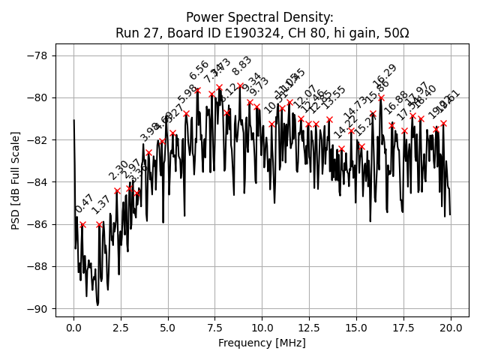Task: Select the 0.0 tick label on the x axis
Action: click(x=73, y=328)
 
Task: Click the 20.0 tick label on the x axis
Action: click(x=451, y=328)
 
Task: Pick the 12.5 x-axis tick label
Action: click(x=309, y=328)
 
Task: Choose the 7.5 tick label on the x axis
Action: click(x=215, y=328)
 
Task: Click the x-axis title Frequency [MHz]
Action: click(x=262, y=343)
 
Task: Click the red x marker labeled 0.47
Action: click(x=82, y=224)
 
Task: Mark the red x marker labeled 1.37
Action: click(x=99, y=224)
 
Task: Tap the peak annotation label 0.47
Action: click(x=84, y=204)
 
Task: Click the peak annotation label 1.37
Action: click(x=100, y=205)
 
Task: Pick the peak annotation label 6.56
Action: click(x=199, y=70)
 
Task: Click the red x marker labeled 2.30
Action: click(x=117, y=190)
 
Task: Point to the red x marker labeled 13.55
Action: click(x=329, y=119)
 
